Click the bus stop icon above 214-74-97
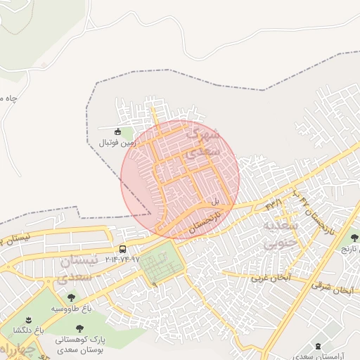tap(123, 249)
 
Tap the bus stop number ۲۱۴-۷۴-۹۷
tap(123, 259)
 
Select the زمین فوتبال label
tap(116, 142)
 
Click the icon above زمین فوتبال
tap(117, 130)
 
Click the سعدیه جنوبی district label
tap(281, 235)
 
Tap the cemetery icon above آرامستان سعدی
tap(321, 345)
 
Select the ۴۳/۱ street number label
tap(274, 204)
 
